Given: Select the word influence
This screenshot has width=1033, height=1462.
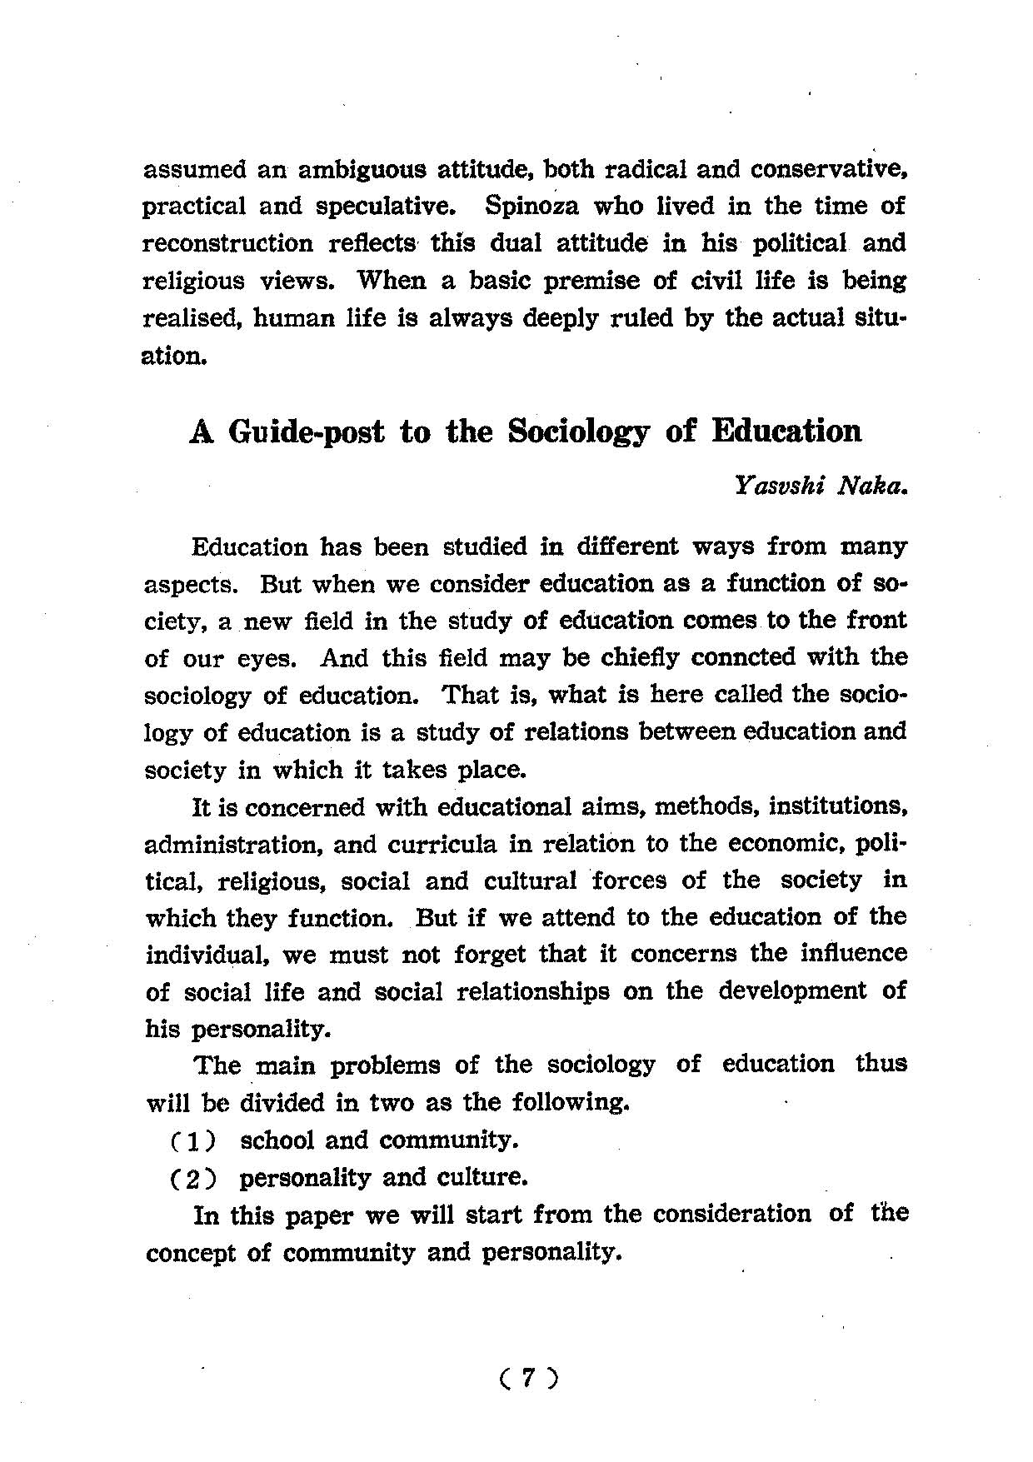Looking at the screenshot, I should (852, 954).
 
